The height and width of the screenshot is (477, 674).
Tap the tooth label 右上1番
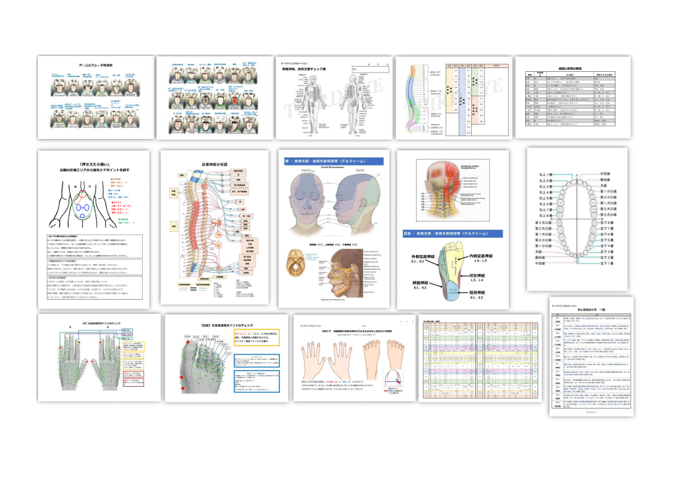click(544, 175)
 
